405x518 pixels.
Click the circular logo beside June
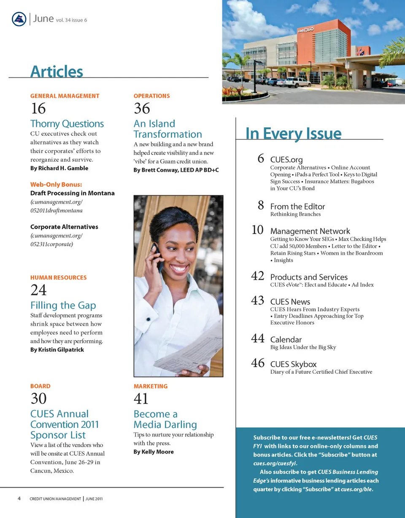coord(19,19)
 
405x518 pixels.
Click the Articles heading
coord(57,71)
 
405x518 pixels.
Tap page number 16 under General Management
coord(38,108)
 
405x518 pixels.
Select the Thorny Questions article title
coord(67,124)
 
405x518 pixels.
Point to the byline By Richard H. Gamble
coord(59,168)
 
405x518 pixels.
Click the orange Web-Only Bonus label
coord(56,184)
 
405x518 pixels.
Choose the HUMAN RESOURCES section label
coord(58,278)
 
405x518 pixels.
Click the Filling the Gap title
coord(63,305)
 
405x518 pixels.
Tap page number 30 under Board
coord(38,398)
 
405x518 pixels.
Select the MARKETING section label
coord(150,386)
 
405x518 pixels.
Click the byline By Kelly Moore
coord(153,452)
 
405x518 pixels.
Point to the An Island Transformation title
coord(167,129)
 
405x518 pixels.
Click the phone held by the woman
coord(159,258)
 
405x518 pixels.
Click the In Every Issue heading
coord(293,134)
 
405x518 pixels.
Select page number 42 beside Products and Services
coord(257,276)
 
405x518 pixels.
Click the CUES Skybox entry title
coord(293,364)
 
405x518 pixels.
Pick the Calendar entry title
coord(286,339)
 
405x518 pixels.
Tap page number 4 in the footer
coord(19,499)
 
